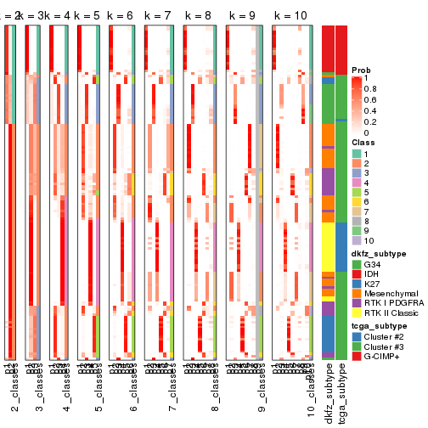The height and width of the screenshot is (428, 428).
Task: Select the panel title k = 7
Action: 158,16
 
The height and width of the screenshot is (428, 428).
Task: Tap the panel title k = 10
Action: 290,16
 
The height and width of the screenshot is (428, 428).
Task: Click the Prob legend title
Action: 362,69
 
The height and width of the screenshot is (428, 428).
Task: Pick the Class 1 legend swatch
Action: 357,152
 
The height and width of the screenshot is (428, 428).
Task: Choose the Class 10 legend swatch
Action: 357,241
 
